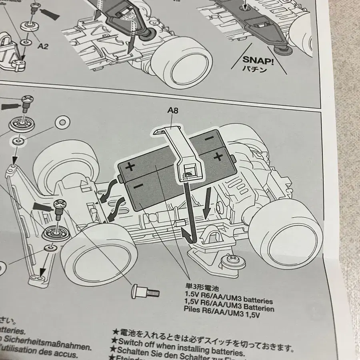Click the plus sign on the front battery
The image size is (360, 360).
131,167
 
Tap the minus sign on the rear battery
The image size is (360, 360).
208,138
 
